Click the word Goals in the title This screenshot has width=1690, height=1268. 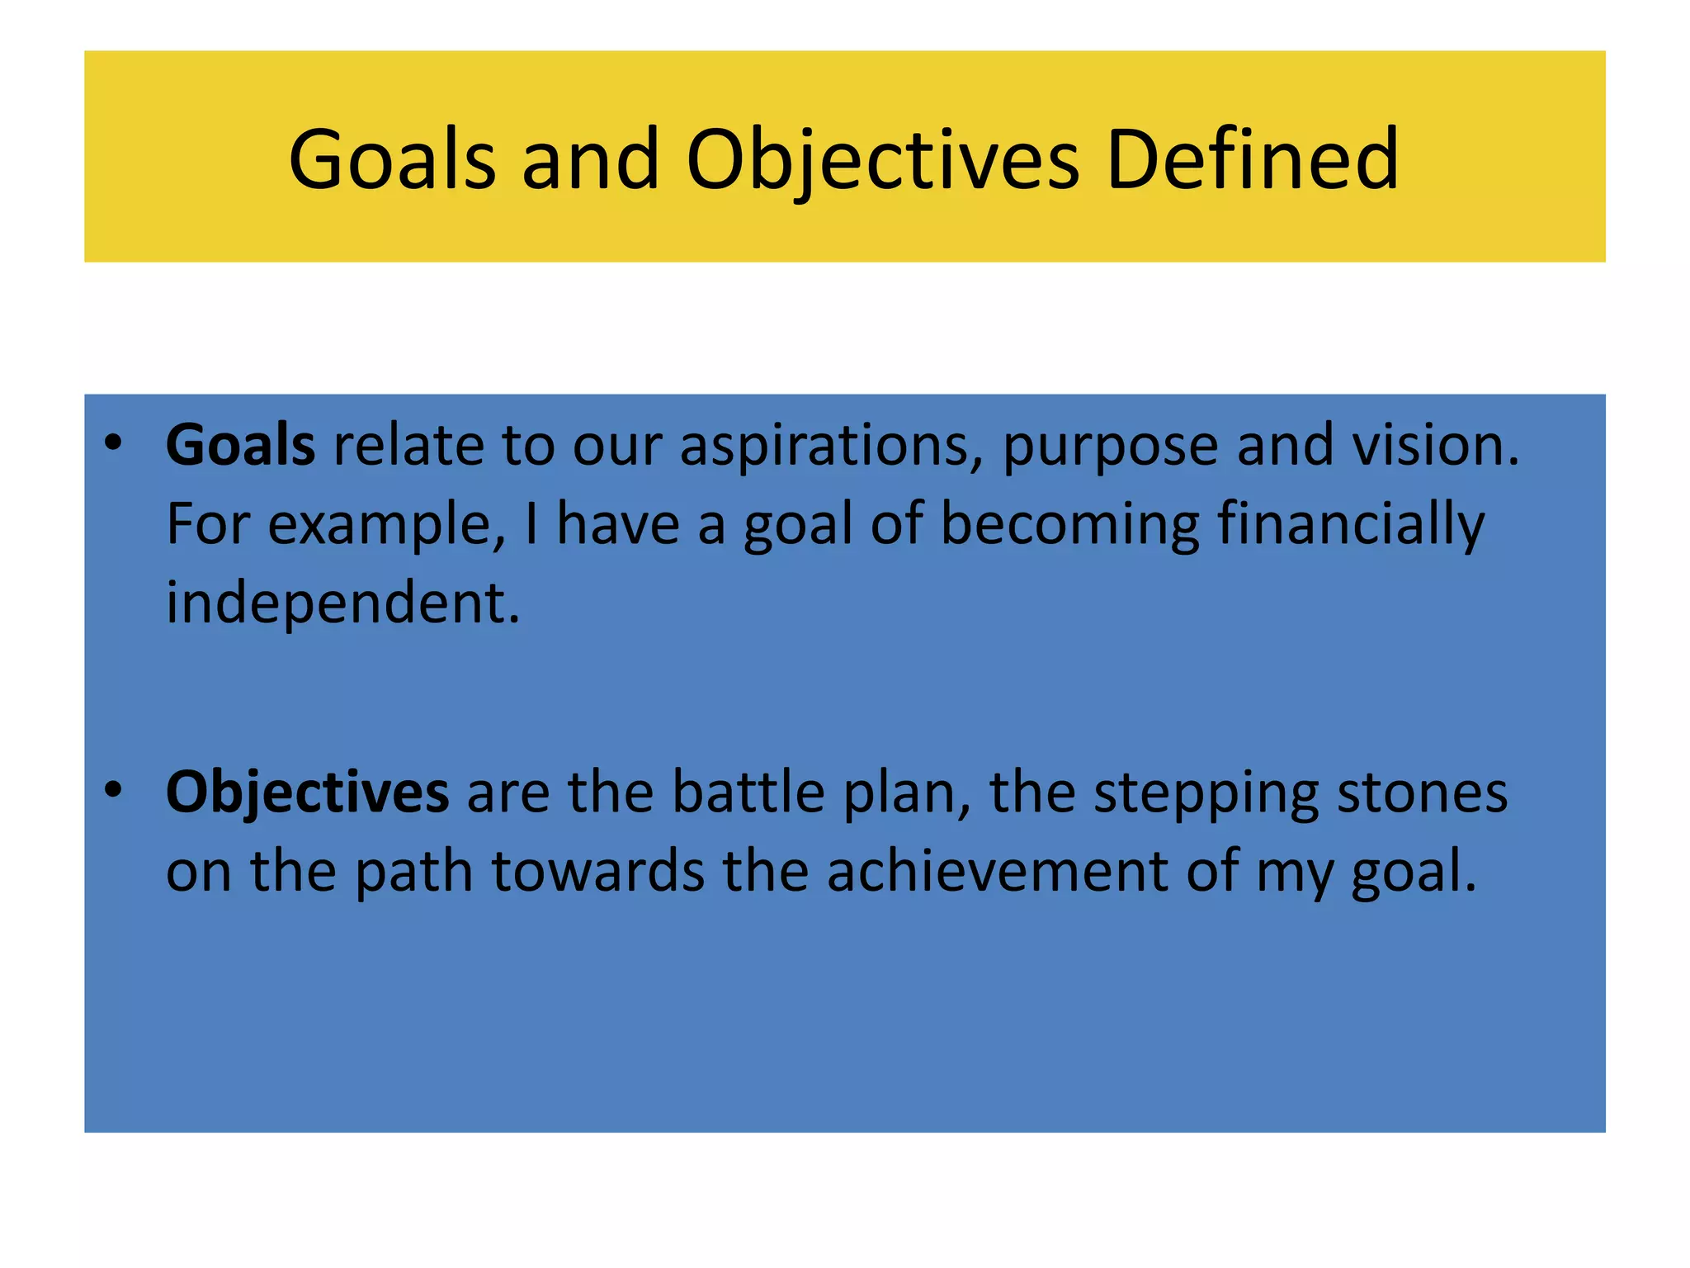pyautogui.click(x=392, y=158)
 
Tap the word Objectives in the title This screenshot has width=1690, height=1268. pyautogui.click(x=882, y=158)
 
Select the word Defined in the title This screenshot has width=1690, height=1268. pyautogui.click(x=1252, y=158)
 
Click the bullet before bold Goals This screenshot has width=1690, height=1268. pyautogui.click(x=113, y=443)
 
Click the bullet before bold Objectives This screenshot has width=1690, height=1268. pyautogui.click(x=113, y=790)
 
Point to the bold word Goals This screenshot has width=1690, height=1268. pyautogui.click(x=240, y=445)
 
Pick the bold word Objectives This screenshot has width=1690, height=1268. pyautogui.click(x=307, y=792)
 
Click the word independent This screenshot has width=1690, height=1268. pyautogui.click(x=342, y=603)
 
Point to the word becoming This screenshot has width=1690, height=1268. pyautogui.click(x=1069, y=525)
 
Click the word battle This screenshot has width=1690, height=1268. pyautogui.click(x=748, y=792)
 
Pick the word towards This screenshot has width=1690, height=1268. pyautogui.click(x=598, y=871)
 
